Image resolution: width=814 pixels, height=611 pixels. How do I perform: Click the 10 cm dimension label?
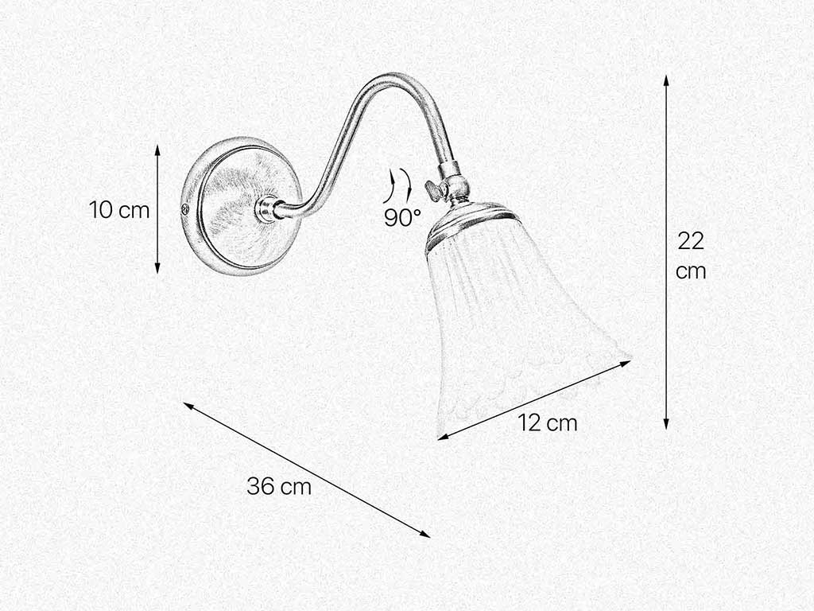point(119,210)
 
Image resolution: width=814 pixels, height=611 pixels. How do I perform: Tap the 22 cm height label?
point(691,255)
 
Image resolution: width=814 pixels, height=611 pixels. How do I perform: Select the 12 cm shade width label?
point(548,423)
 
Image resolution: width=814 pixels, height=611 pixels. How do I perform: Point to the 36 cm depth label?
point(279,486)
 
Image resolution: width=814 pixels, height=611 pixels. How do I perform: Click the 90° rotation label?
point(403,217)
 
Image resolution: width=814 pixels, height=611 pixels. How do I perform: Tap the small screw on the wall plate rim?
point(185,210)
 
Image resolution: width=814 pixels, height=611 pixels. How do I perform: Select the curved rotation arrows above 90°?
point(397,185)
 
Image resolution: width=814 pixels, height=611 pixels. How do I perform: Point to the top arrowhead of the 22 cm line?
point(666,80)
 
